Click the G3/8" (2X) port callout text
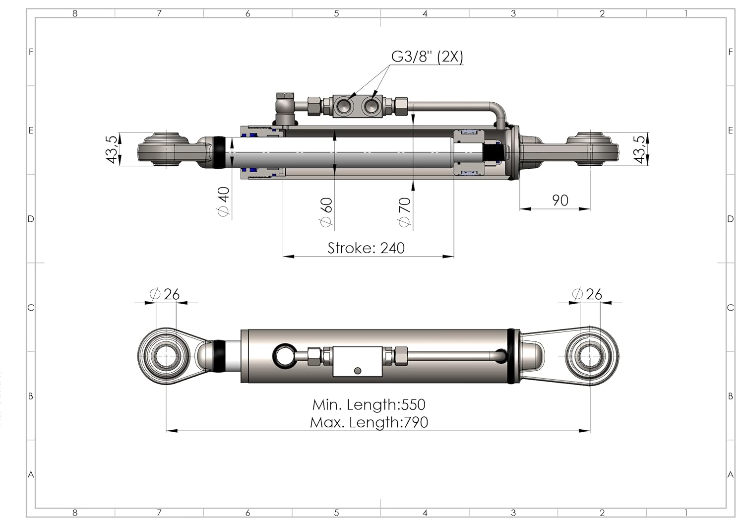[427, 57]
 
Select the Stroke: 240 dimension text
[366, 248]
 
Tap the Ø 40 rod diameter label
[224, 201]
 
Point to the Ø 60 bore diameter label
[326, 212]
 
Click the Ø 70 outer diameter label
[405, 212]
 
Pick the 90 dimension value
[560, 200]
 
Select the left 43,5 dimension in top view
[113, 149]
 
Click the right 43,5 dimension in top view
[640, 149]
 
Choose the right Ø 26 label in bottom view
[587, 294]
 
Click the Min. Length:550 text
[369, 404]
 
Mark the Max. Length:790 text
[369, 422]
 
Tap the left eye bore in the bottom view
[164, 356]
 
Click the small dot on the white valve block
[357, 370]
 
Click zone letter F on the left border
[31, 52]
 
